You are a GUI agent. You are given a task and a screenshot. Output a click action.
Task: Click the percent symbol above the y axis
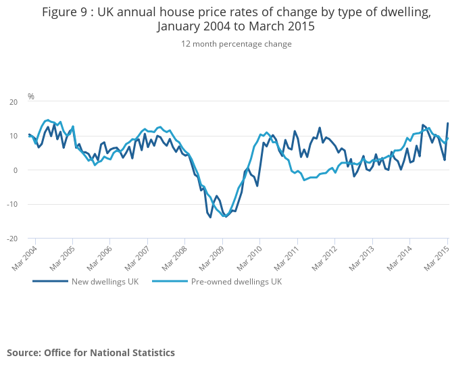pyautogui.click(x=31, y=97)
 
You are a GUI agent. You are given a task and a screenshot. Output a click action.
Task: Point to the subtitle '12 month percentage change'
pyautogui.click(x=236, y=44)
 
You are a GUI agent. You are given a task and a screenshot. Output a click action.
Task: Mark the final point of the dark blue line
pyautogui.click(x=447, y=124)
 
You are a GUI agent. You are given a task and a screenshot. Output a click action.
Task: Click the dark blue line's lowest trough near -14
pyautogui.click(x=210, y=217)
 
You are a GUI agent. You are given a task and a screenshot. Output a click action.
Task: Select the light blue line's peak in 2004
pyautogui.click(x=47, y=120)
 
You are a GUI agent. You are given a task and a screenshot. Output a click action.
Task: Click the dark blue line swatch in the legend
pyautogui.click(x=50, y=281)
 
